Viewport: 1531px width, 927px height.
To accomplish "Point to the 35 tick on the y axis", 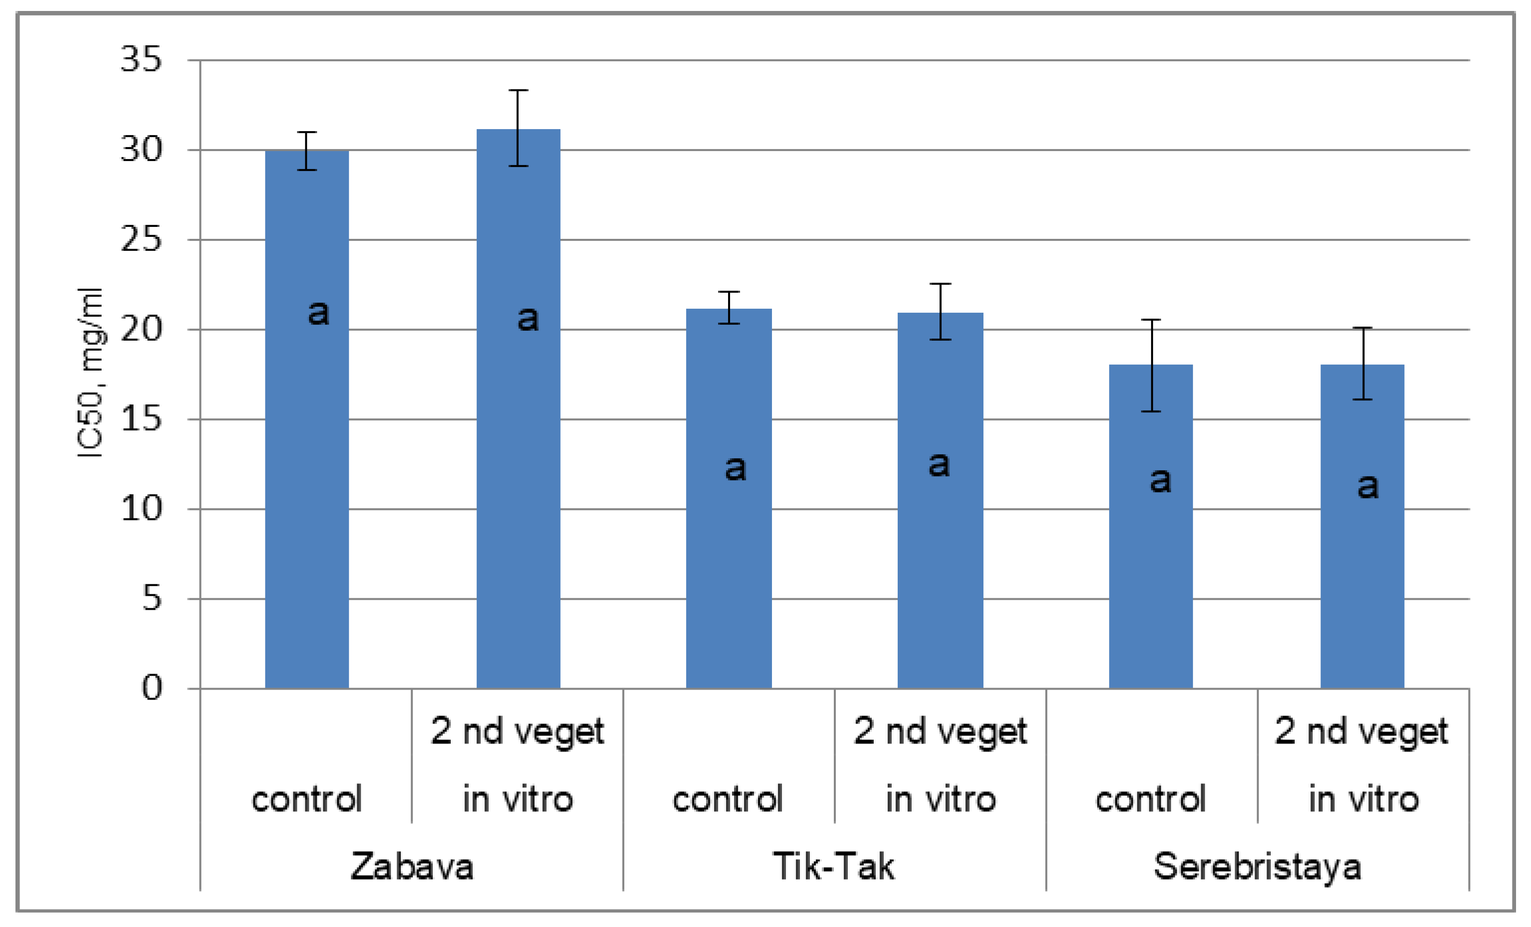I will (141, 60).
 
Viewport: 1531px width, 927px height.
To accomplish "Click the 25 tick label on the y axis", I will (141, 240).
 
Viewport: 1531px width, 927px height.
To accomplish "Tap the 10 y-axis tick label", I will (141, 509).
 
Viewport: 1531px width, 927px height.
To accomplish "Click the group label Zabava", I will (411, 867).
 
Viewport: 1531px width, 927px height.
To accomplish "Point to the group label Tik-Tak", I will (833, 867).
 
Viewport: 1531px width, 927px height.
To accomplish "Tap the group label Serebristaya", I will (1257, 867).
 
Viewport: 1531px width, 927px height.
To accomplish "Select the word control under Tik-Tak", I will (728, 799).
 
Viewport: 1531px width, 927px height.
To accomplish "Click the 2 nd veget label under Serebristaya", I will (1362, 732).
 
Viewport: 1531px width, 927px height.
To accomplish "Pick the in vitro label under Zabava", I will (518, 799).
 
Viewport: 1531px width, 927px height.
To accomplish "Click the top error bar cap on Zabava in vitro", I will (518, 91).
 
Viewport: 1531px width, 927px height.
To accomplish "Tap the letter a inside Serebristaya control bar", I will (1160, 480).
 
